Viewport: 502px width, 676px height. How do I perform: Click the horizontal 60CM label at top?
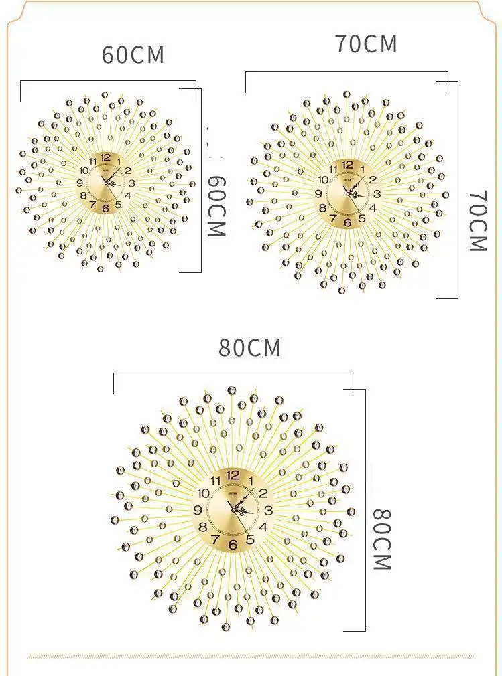click(133, 55)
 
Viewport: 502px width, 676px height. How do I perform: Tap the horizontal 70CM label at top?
click(366, 44)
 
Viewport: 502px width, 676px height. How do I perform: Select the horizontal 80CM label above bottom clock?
click(250, 349)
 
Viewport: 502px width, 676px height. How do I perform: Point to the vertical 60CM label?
click(216, 206)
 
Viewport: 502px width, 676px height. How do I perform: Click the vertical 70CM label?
click(477, 221)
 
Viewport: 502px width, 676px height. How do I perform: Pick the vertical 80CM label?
click(381, 539)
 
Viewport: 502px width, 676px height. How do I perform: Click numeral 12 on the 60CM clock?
click(105, 157)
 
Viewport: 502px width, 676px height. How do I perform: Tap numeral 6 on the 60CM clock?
click(105, 209)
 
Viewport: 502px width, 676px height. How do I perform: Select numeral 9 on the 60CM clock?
click(80, 183)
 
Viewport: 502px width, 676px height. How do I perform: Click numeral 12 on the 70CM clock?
click(347, 165)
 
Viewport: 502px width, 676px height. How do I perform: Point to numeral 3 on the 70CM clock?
click(377, 194)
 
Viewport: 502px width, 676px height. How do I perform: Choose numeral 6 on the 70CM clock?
click(347, 223)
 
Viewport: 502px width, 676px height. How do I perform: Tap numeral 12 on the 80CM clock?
click(233, 475)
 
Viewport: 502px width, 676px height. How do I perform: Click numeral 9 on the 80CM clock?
click(198, 510)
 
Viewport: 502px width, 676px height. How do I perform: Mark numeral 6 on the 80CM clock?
click(233, 545)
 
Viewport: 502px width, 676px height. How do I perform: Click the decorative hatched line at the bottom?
click(251, 656)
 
